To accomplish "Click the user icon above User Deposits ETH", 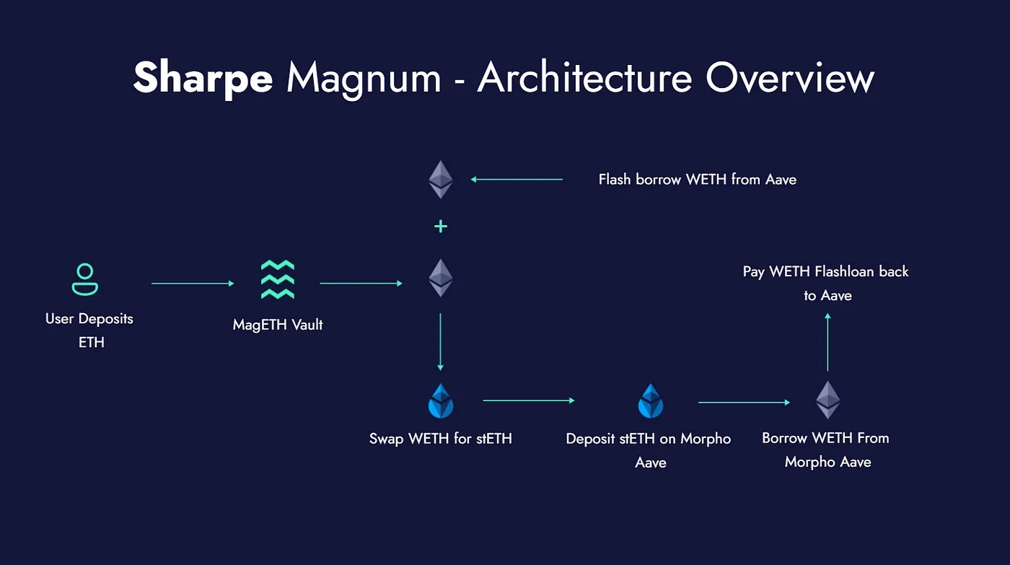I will coord(85,280).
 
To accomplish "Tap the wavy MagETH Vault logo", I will coord(278,280).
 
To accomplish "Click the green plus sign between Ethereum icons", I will coord(440,227).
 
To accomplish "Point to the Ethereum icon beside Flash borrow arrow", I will coord(440,179).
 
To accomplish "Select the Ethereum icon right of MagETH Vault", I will coord(440,279).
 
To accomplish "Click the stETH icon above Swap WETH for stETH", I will coord(440,401).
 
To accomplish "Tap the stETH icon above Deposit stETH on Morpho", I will coord(650,401).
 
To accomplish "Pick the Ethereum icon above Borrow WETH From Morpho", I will coord(827,400).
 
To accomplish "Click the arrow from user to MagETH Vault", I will coord(193,284).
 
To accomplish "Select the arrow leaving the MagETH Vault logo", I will coord(361,284).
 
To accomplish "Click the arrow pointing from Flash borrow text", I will coord(516,179).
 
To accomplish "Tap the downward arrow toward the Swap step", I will coord(440,342).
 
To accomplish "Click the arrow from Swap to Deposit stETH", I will coord(528,400).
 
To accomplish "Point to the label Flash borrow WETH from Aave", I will coord(697,179).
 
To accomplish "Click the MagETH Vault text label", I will coord(278,325).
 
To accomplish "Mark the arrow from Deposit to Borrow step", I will coord(744,402).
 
